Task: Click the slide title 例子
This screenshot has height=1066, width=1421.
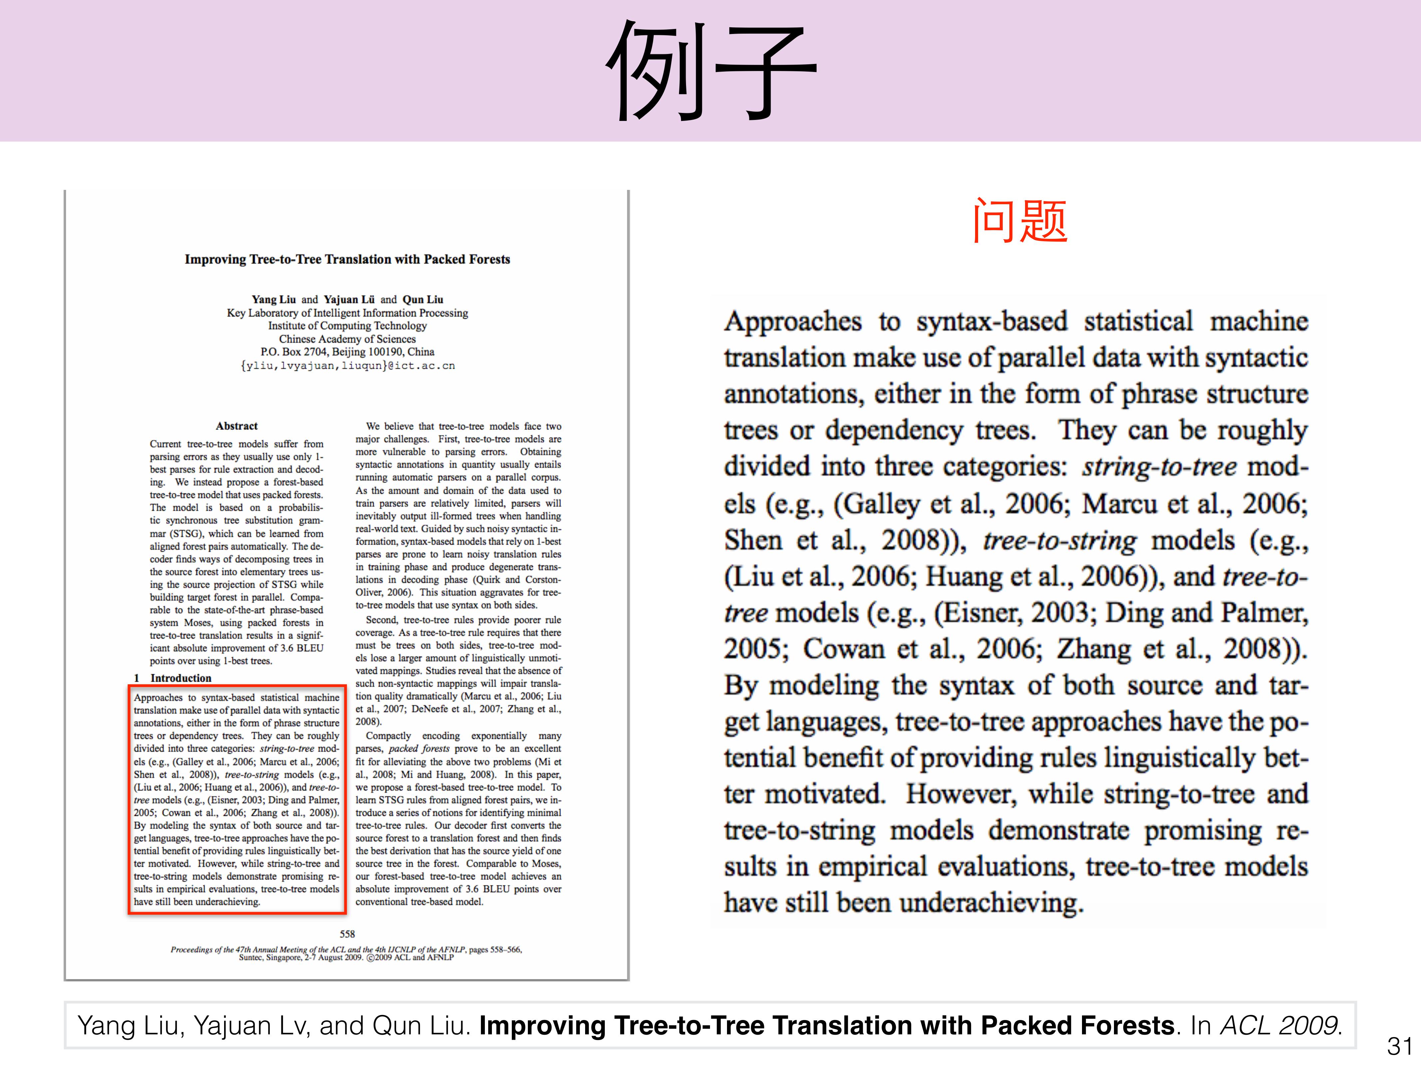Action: tap(710, 71)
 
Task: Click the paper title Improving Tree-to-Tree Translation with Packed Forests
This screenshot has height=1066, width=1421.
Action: tap(347, 259)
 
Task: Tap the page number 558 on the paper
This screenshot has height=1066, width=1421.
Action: tap(347, 934)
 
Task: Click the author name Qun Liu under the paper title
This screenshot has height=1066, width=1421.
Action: tap(423, 299)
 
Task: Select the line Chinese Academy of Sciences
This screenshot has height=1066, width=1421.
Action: tap(347, 339)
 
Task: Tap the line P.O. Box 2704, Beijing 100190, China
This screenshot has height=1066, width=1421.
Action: tap(347, 351)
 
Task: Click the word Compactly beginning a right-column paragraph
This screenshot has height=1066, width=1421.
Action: tap(388, 736)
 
